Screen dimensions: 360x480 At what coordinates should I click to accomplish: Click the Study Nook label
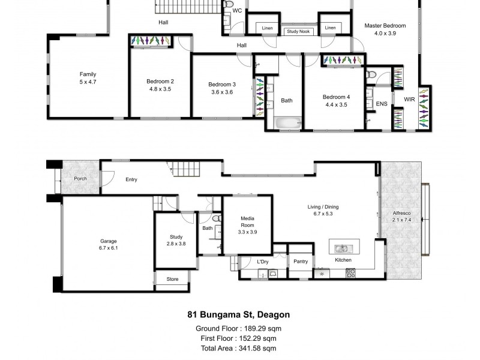(299, 31)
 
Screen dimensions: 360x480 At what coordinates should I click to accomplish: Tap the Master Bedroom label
(385, 26)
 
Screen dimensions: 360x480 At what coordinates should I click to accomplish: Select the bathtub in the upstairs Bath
(290, 123)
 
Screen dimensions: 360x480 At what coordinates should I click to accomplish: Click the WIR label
(409, 99)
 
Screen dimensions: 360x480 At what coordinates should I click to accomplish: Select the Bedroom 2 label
(160, 82)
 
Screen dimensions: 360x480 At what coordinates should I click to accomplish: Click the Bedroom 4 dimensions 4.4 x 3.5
(335, 104)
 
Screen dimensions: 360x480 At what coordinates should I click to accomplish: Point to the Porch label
(81, 179)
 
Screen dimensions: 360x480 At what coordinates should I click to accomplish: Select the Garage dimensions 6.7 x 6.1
(109, 248)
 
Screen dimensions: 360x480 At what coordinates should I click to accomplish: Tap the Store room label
(172, 278)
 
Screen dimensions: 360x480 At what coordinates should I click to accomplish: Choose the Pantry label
(301, 261)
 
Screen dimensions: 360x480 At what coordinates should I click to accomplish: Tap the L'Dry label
(262, 261)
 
